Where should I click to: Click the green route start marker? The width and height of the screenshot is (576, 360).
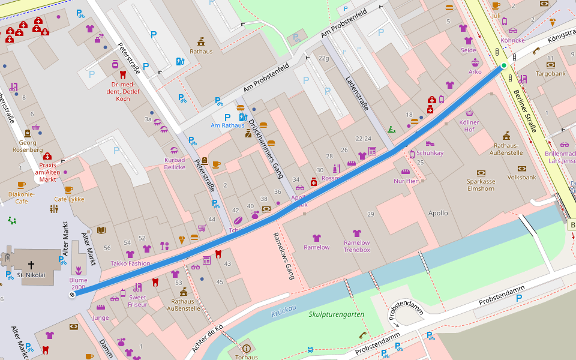[x=504, y=65]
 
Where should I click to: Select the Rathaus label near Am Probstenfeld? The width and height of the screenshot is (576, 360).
[x=201, y=52]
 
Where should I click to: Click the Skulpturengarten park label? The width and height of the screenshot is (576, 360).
[x=336, y=314]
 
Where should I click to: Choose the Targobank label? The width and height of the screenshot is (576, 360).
[x=550, y=74]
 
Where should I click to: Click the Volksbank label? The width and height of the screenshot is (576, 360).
[x=521, y=178]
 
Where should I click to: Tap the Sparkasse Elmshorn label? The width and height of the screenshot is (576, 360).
[x=481, y=185]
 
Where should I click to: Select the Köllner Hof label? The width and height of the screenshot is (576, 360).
[x=469, y=125]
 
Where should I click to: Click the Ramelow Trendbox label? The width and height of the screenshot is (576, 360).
[x=356, y=246]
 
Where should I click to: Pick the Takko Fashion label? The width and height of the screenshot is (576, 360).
[x=130, y=263]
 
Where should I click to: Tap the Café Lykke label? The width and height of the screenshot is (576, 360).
[x=69, y=199]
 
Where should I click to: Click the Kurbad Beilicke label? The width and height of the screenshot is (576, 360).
[x=175, y=163]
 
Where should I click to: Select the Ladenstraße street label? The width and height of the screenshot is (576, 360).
[x=356, y=93]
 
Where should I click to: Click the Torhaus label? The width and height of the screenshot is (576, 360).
[x=246, y=357]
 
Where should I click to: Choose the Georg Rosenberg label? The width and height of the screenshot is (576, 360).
[x=28, y=146]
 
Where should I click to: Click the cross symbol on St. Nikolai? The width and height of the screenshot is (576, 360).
[x=31, y=264]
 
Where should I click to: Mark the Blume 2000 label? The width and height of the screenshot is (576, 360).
[x=78, y=283]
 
